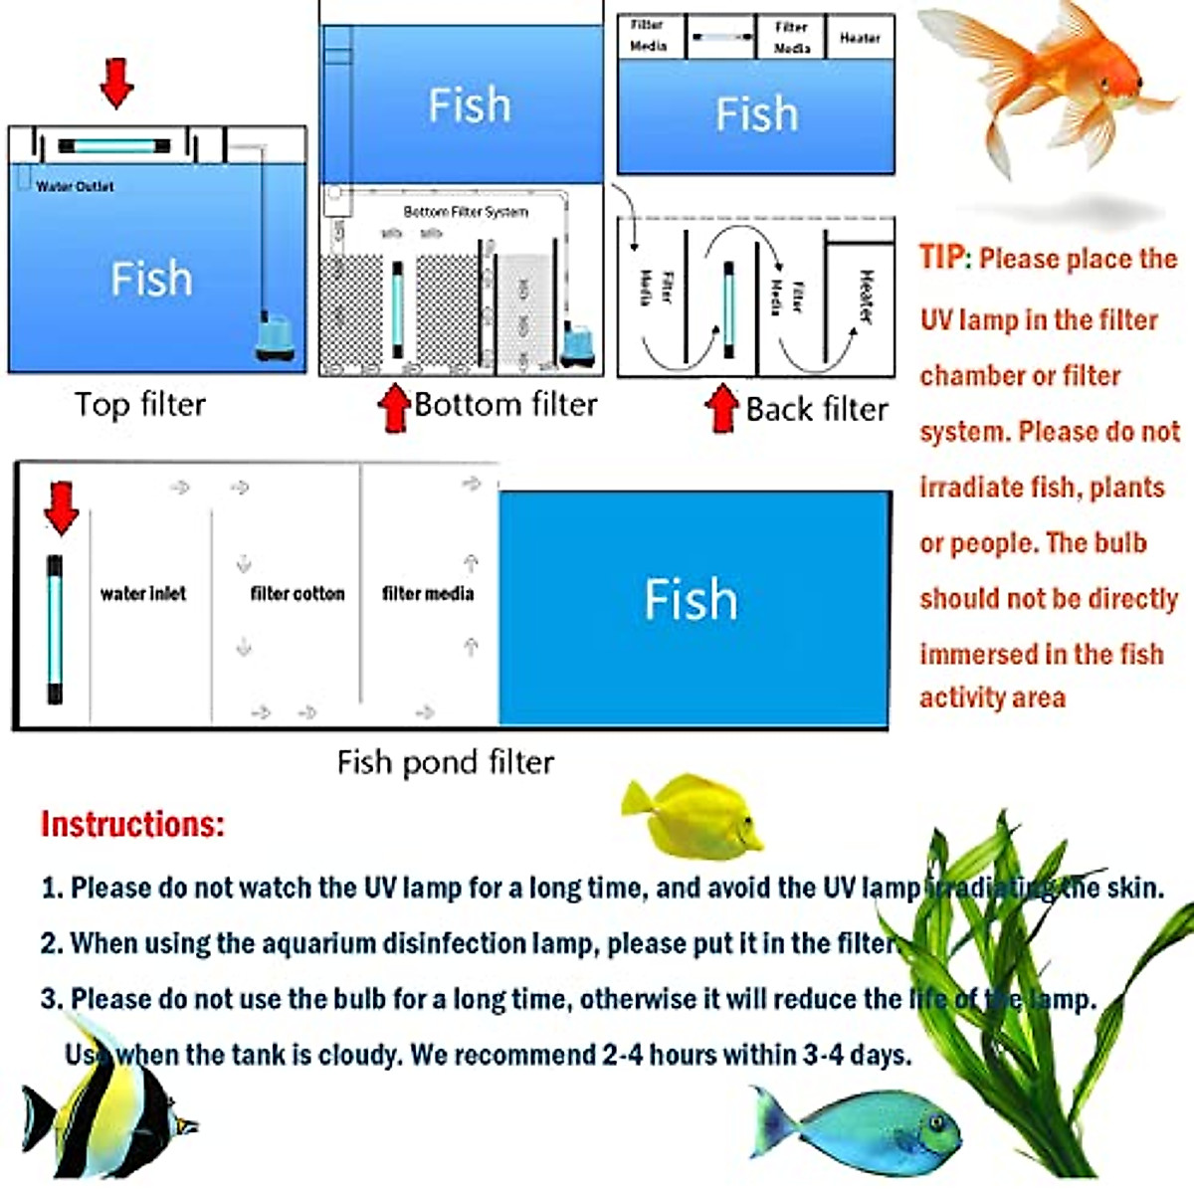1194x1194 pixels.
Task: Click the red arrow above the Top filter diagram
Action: pyautogui.click(x=116, y=83)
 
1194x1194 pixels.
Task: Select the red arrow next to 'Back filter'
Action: pyautogui.click(x=722, y=409)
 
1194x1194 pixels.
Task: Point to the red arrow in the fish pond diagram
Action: pyautogui.click(x=62, y=507)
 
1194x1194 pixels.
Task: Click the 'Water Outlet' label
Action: pyautogui.click(x=75, y=186)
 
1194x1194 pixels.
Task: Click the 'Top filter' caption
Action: pyautogui.click(x=139, y=405)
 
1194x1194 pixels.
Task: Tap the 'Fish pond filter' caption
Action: pyautogui.click(x=445, y=762)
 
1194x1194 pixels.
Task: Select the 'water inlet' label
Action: pyautogui.click(x=142, y=594)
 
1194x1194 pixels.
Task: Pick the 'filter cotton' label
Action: pyautogui.click(x=297, y=594)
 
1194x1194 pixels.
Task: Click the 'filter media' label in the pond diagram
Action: pyautogui.click(x=428, y=594)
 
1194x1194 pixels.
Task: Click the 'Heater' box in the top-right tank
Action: pyautogui.click(x=860, y=38)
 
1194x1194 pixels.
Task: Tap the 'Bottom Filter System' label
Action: pyautogui.click(x=466, y=212)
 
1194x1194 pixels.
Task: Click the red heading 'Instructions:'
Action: pyautogui.click(x=132, y=825)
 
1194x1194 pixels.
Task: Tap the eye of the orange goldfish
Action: pyautogui.click(x=1138, y=84)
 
